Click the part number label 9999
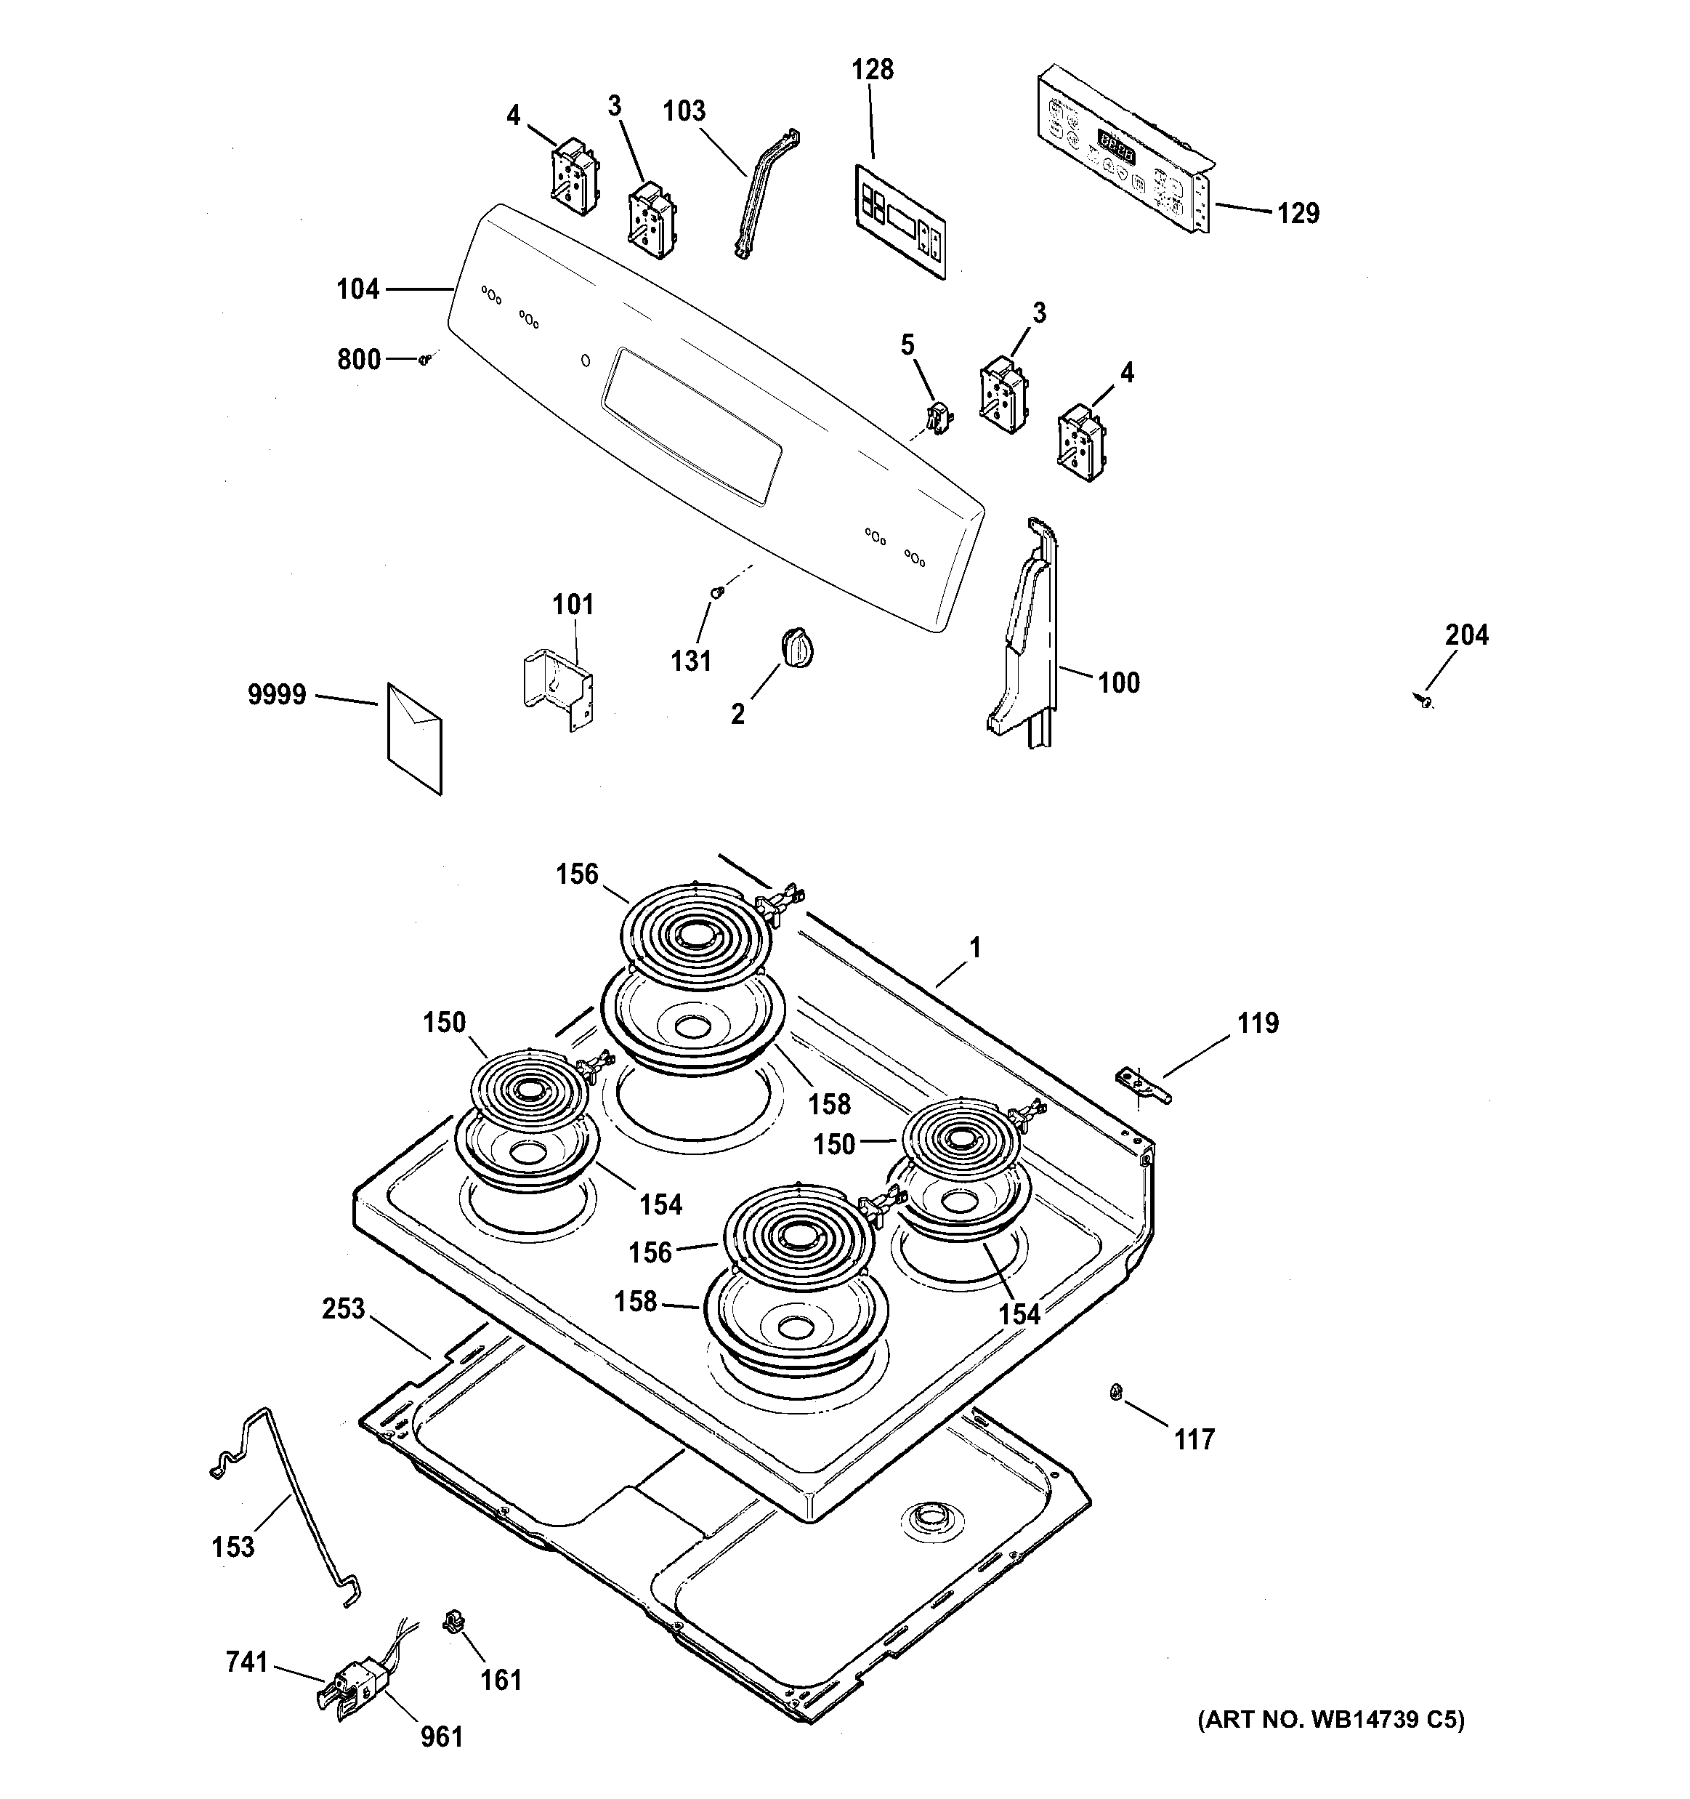[x=277, y=695]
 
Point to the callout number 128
[x=872, y=70]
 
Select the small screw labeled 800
[x=424, y=360]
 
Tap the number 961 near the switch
[x=442, y=1736]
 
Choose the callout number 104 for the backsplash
[x=357, y=289]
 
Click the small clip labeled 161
[x=453, y=1622]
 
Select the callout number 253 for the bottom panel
[x=343, y=1309]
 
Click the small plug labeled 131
[x=716, y=592]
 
